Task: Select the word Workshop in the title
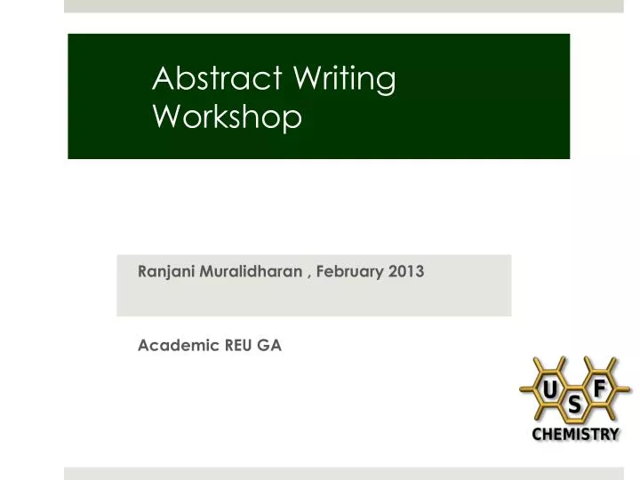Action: (227, 116)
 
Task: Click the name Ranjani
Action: (165, 273)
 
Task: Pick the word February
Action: (349, 272)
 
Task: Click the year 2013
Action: (405, 272)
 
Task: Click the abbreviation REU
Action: (238, 346)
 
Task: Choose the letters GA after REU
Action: (270, 346)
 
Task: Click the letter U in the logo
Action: (551, 388)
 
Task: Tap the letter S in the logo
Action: (575, 405)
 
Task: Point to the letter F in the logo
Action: (599, 387)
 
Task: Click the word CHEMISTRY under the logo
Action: (575, 434)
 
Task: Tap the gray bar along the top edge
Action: (343, 5)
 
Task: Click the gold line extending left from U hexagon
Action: (525, 388)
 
